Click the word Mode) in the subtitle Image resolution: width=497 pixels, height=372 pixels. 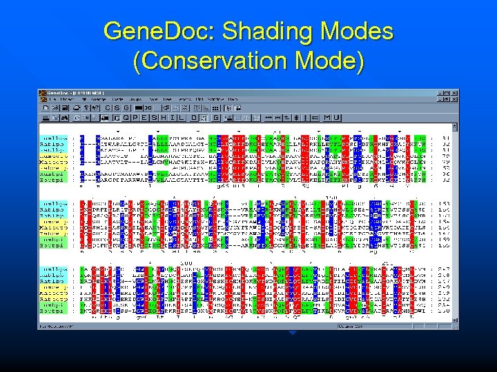[x=331, y=62]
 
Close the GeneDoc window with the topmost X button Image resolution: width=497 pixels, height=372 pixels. [x=455, y=93]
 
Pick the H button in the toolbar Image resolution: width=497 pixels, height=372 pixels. [x=170, y=117]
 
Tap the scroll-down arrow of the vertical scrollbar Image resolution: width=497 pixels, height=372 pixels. [x=455, y=320]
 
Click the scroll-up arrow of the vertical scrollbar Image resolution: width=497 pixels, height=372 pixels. [x=455, y=127]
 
